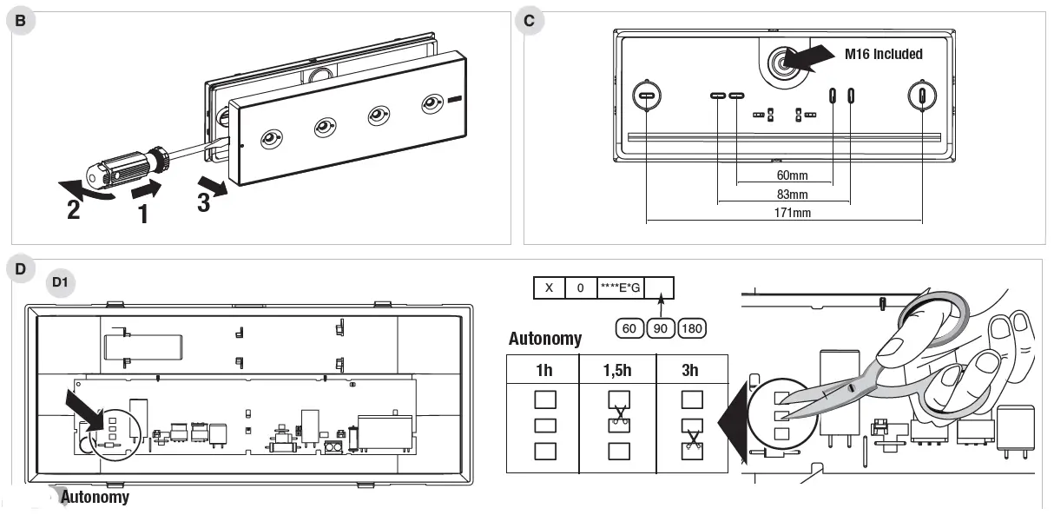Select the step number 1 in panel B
pos(143,212)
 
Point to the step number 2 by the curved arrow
pos(74,208)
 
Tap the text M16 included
pos(884,54)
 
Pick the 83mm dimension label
pos(791,195)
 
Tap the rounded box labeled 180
pos(692,329)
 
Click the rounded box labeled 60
pos(629,329)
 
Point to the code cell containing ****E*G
pos(620,288)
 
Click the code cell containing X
pos(549,288)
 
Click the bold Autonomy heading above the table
pos(545,339)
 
